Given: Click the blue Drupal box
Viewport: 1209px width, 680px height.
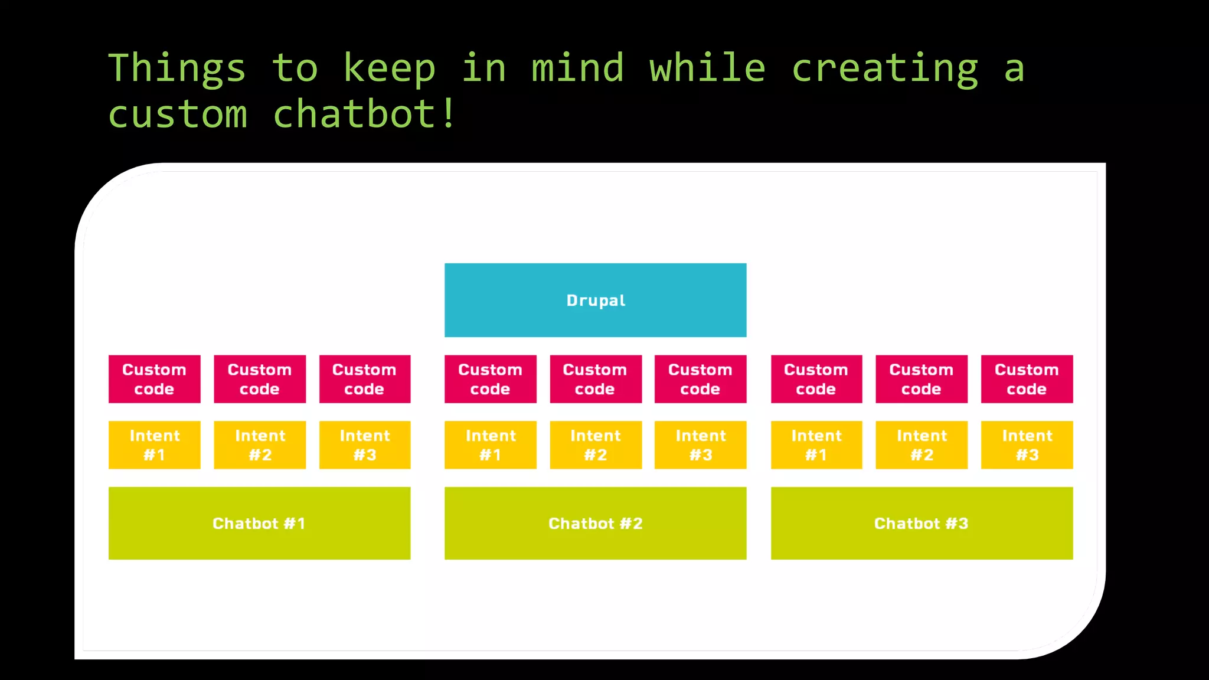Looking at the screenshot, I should pos(595,300).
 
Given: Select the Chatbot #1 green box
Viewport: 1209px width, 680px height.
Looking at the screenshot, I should pos(259,523).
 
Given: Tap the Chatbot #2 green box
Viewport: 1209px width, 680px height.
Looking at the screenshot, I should pos(595,523).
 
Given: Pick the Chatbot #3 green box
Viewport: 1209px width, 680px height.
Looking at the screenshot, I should pos(922,523).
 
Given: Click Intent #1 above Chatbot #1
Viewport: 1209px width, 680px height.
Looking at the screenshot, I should pos(154,445).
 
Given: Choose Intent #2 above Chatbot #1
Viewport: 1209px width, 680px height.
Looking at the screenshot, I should pos(260,445).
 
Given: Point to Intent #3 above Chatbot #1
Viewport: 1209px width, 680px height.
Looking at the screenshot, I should pos(365,445).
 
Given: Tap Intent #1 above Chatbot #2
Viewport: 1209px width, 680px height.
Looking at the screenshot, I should pos(490,445).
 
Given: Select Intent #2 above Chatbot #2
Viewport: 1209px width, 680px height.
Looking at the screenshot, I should pos(596,445).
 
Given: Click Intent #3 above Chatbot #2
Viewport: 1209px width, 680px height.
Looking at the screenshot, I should pos(700,445).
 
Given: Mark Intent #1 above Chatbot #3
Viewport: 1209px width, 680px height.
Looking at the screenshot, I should pos(816,445).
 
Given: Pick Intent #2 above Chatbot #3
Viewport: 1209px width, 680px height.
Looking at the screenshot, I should pos(922,445).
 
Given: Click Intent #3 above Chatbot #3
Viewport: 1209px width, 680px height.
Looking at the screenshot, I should pos(1027,445).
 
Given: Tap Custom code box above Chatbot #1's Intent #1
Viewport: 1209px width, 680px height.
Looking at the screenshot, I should pos(154,379).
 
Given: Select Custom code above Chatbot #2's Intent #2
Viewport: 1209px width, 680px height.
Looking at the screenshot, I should pos(596,379).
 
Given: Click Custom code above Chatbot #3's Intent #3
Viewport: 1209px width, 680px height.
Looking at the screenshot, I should pos(1027,379).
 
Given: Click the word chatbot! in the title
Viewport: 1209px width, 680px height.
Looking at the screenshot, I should pos(364,113).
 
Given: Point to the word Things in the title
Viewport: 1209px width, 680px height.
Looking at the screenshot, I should pos(177,68).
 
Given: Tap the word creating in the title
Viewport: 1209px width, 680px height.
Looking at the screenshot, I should pos(884,68).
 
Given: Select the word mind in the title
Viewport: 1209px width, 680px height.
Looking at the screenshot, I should pos(577,67).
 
